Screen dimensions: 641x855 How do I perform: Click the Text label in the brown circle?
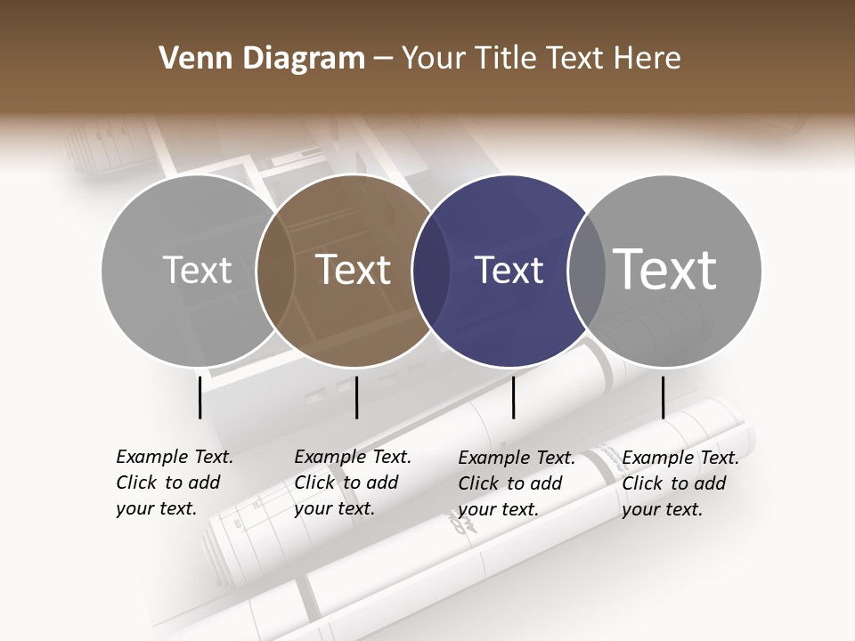point(354,270)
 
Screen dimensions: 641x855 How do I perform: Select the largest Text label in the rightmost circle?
point(665,270)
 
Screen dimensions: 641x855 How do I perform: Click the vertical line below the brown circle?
point(356,397)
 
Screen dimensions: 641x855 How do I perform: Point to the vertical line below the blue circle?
point(513,397)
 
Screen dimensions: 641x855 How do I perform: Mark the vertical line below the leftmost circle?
point(199,397)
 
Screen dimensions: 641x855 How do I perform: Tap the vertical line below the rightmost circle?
point(663,397)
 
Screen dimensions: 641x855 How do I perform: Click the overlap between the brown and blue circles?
point(430,271)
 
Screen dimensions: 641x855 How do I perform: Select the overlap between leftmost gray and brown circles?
point(275,271)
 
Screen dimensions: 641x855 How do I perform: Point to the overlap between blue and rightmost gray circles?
point(586,271)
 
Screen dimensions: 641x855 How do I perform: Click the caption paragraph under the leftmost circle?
point(175,483)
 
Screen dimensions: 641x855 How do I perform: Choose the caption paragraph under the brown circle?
point(353,483)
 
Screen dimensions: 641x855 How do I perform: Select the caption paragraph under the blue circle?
point(517,483)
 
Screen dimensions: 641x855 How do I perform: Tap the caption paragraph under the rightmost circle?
point(680,483)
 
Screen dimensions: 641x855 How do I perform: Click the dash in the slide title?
point(383,59)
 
